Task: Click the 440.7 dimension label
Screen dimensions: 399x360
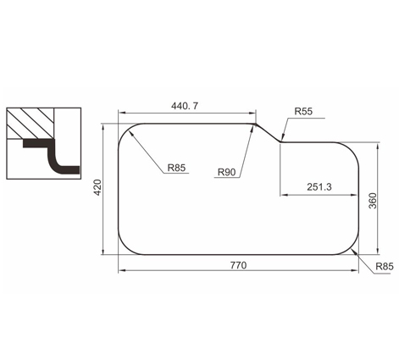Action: coord(185,106)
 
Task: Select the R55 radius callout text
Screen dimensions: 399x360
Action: coord(303,111)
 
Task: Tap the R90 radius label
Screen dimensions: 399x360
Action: coord(227,172)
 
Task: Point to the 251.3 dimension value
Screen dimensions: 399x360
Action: coord(319,187)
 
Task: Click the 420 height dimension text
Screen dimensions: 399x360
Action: coord(97,187)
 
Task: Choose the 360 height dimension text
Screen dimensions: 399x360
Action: coord(373,201)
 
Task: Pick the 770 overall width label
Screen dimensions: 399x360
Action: coord(238,265)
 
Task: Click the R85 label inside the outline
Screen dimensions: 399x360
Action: coord(176,168)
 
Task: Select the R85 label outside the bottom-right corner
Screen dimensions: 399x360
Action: coord(385,266)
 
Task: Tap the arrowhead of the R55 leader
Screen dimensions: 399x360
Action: coord(282,138)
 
